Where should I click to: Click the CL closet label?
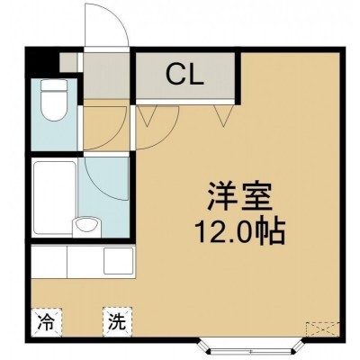pos(184,75)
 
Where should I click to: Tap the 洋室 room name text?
pos(239,196)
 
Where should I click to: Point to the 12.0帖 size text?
pos(239,232)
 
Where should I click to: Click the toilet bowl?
pos(53,105)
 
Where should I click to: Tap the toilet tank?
pos(53,85)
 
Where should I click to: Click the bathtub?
pos(55,198)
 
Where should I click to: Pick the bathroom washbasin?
pos(87,225)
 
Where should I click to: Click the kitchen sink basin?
pos(118,260)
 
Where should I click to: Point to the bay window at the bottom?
pos(251,348)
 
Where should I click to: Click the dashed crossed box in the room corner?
pos(323,333)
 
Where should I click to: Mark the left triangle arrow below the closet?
pos(148,115)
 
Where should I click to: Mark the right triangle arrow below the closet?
pos(223,115)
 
